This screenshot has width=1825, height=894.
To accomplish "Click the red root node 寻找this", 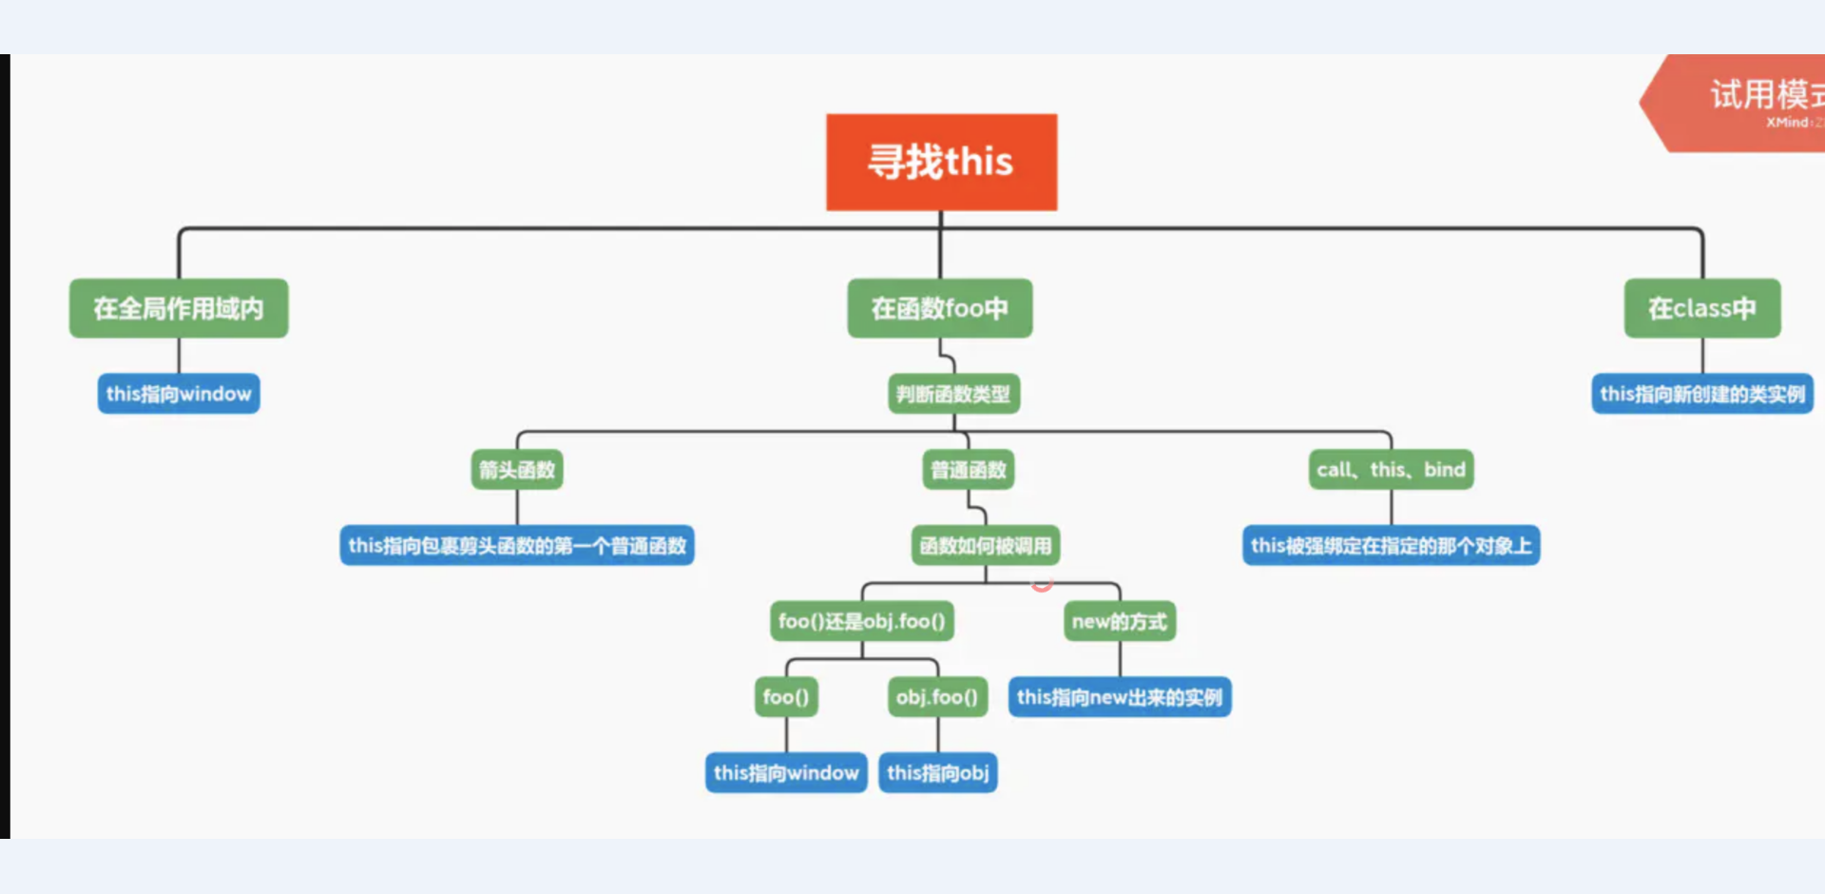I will (x=941, y=162).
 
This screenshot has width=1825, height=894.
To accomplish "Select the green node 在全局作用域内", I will (x=179, y=308).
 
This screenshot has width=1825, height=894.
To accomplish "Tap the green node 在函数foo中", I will (x=939, y=308).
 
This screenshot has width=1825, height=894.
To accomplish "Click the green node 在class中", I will (x=1701, y=308).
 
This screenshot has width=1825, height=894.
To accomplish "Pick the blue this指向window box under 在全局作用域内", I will (x=179, y=394).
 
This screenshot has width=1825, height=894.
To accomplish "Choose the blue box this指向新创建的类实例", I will (x=1701, y=394).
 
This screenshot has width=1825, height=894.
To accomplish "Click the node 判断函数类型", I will (x=953, y=394).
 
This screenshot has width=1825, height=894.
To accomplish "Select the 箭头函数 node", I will (x=517, y=470).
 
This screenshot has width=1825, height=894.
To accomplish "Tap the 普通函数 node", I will (x=968, y=470).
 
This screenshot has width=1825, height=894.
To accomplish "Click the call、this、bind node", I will (x=1391, y=470).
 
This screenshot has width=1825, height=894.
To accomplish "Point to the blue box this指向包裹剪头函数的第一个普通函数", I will (x=517, y=546).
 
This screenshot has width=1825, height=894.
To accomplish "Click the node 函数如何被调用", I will (x=986, y=546).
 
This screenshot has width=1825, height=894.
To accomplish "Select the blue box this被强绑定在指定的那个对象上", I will (x=1391, y=546).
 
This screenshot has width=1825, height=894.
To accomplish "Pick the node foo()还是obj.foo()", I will (x=861, y=621).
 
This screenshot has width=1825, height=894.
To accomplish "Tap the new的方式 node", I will (x=1119, y=621).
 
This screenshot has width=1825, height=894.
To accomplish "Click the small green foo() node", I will (x=786, y=697).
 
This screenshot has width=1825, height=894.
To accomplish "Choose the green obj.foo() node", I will (x=937, y=697).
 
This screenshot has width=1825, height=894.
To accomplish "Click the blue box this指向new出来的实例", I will (x=1119, y=697).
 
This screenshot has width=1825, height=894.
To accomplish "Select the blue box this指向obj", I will (x=937, y=773).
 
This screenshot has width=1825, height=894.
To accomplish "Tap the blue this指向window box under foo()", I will (x=786, y=773).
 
